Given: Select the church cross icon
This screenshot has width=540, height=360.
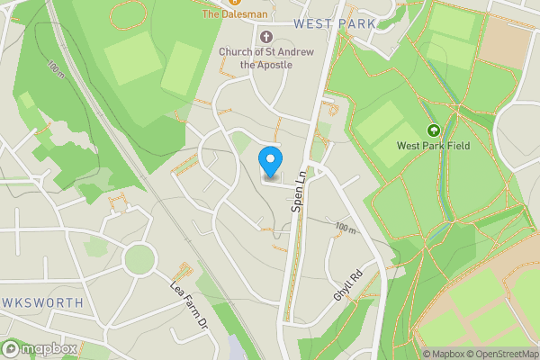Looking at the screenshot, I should coord(265,37).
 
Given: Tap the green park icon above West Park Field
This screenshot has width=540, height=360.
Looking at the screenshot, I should coord(433,130).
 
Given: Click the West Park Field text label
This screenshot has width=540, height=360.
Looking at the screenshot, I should coord(434,146).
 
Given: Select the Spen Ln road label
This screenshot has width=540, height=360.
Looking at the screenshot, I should coord(299,193).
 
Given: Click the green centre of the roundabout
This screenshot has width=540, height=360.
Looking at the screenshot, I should coord(139,259).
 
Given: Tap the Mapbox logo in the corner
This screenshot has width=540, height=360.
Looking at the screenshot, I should coord(40,348).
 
